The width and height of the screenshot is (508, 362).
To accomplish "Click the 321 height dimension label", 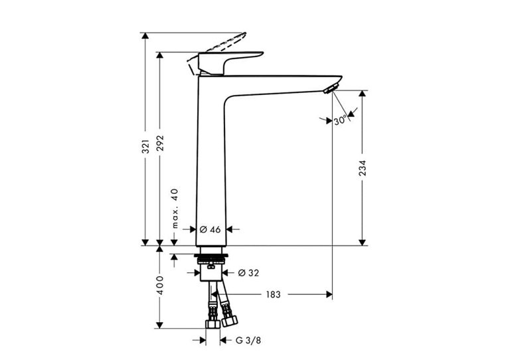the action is pyautogui.click(x=146, y=147).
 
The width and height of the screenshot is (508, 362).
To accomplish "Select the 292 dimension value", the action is pyautogui.click(x=160, y=143).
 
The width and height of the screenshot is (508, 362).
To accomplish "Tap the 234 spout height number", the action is pyautogui.click(x=363, y=168).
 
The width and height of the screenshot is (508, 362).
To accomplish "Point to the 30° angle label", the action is pyautogui.click(x=341, y=121).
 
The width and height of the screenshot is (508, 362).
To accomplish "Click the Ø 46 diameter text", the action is pyautogui.click(x=211, y=229).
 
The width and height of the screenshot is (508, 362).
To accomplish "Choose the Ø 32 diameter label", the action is pyautogui.click(x=248, y=273).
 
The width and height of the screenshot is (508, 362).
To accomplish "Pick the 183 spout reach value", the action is pyautogui.click(x=273, y=295).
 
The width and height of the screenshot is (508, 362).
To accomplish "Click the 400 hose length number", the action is pyautogui.click(x=160, y=286).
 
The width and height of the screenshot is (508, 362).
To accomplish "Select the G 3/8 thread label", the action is pyautogui.click(x=248, y=340).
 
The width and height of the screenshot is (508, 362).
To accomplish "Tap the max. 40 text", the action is pyautogui.click(x=175, y=209).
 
